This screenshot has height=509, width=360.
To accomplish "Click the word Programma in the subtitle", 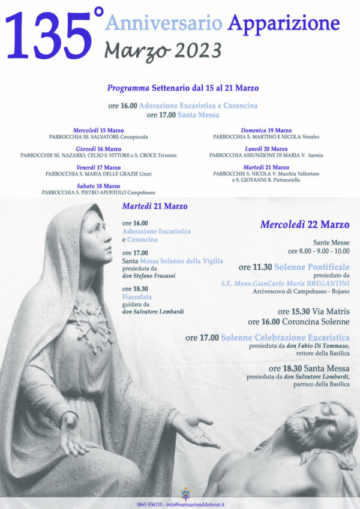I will coord(128,88).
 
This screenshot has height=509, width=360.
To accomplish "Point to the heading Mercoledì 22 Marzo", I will coord(304,225).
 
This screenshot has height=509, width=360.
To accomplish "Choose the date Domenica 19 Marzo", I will coord(266,130).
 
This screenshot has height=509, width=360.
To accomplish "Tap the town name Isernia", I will coord(315,155).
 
